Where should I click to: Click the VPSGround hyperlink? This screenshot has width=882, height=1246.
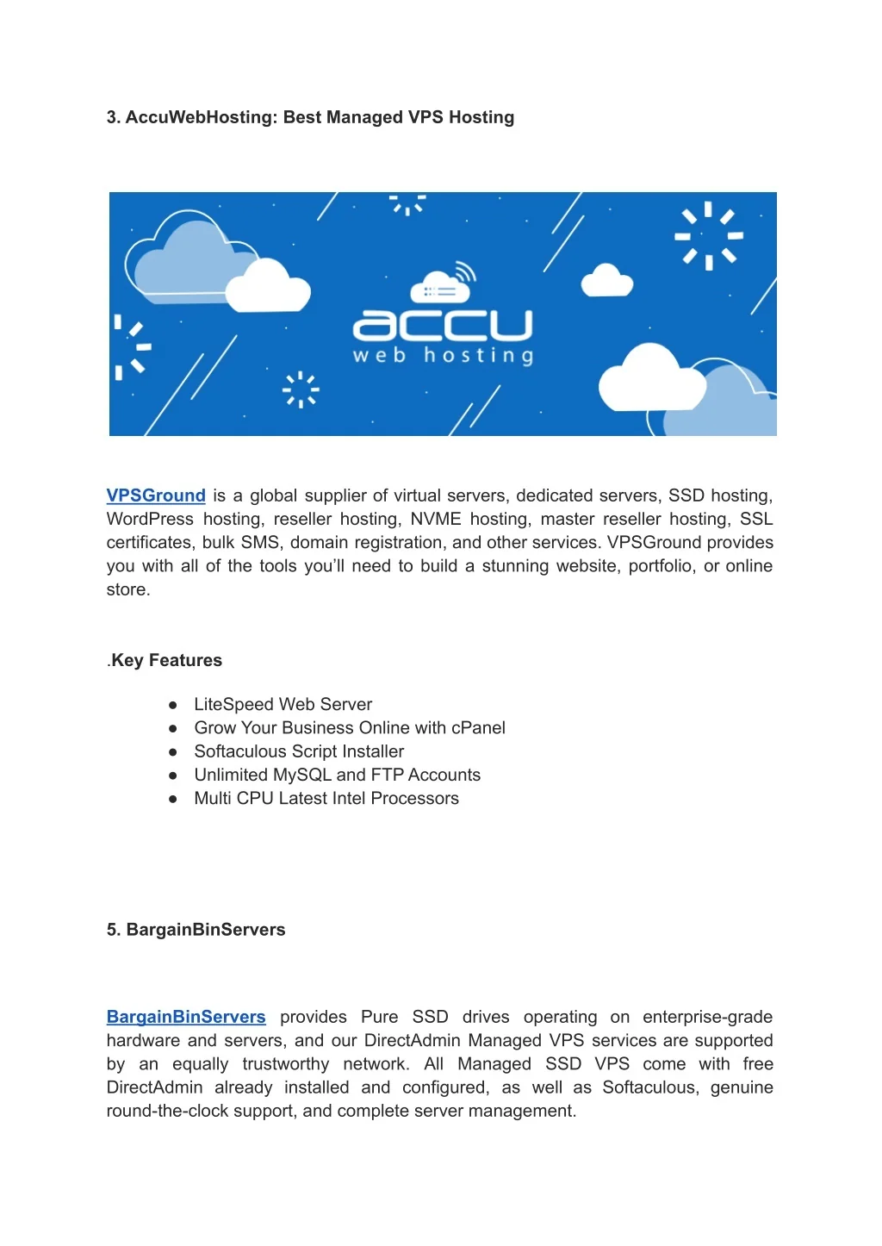(x=156, y=495)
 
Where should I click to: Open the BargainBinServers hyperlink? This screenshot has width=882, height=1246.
(x=186, y=1017)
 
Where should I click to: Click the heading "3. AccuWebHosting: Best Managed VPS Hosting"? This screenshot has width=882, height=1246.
(x=310, y=117)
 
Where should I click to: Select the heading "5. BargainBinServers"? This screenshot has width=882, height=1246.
(x=196, y=930)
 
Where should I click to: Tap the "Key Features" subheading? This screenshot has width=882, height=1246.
(x=166, y=660)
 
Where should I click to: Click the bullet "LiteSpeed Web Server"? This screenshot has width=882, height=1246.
(x=283, y=704)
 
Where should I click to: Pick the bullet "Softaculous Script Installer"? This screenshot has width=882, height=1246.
(x=299, y=751)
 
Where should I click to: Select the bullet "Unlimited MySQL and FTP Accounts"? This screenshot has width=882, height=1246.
(x=337, y=775)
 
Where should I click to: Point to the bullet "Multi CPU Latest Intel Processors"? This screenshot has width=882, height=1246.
(x=326, y=798)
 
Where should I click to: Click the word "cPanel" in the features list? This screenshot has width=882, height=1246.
(x=478, y=728)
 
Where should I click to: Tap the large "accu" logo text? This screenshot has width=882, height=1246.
(x=443, y=325)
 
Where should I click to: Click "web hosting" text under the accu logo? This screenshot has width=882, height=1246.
(x=443, y=355)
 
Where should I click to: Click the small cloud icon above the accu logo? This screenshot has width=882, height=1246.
(x=441, y=284)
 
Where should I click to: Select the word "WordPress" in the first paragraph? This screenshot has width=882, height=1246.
(x=150, y=519)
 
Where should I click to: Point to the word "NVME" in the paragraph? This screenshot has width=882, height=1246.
(x=436, y=519)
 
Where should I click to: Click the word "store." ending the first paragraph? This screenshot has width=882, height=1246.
(x=128, y=589)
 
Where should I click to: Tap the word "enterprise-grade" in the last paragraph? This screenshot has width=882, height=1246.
(x=707, y=1017)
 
